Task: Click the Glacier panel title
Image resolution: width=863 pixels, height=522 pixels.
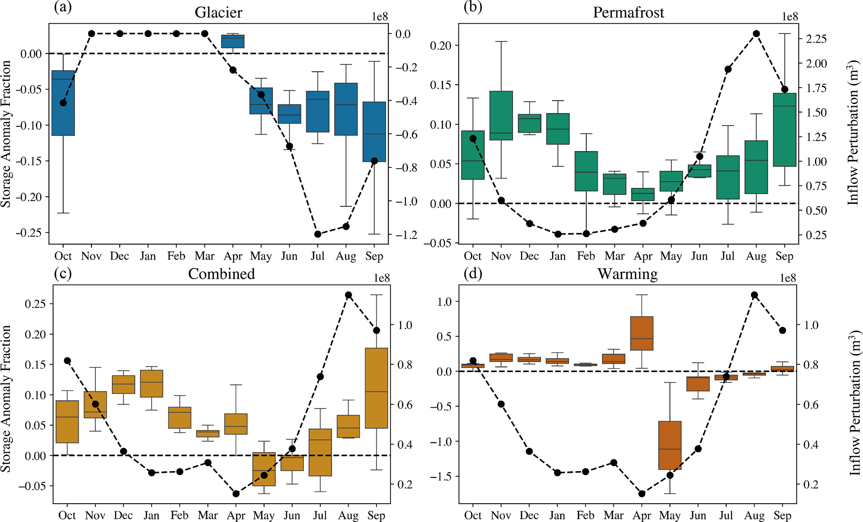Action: (x=218, y=13)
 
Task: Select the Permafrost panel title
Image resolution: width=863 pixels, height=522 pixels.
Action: (x=628, y=13)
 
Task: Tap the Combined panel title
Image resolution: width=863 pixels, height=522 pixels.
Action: (x=221, y=274)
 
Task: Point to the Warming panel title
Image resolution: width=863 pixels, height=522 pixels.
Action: (x=628, y=274)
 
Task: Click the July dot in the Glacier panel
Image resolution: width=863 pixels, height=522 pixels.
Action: (x=318, y=234)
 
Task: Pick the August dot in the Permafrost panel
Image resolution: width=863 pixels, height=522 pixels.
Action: (x=756, y=34)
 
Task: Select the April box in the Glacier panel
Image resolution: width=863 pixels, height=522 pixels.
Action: (x=233, y=41)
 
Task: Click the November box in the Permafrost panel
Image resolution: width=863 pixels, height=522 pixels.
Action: (x=501, y=116)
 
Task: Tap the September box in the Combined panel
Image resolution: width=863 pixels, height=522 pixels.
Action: (x=377, y=388)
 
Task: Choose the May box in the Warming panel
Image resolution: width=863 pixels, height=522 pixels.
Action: (x=670, y=445)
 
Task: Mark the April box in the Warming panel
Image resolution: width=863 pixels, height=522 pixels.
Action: (x=642, y=333)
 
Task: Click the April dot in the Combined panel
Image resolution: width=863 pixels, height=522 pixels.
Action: (x=236, y=494)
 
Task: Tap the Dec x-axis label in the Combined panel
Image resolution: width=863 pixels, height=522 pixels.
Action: (x=123, y=515)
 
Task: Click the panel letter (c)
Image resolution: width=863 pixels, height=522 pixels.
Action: (x=63, y=274)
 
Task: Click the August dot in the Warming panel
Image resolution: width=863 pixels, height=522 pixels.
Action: (x=754, y=295)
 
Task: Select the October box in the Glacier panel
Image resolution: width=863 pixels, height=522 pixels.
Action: (x=63, y=103)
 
